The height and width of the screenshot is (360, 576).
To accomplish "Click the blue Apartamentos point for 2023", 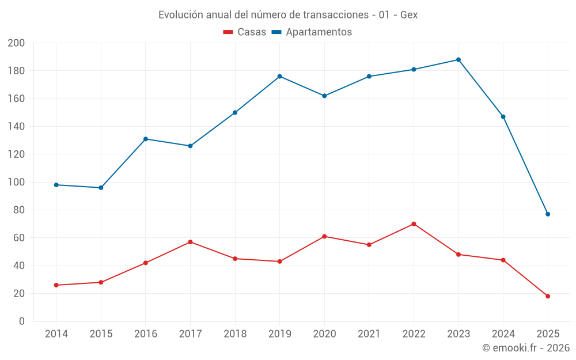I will pyautogui.click(x=458, y=60).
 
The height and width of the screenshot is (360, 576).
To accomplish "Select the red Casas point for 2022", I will pyautogui.click(x=414, y=224).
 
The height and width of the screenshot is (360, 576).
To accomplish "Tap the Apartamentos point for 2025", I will pyautogui.click(x=548, y=214).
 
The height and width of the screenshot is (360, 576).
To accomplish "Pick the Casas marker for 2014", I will pyautogui.click(x=56, y=285).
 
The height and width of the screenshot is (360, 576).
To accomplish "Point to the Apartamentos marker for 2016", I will pyautogui.click(x=146, y=139).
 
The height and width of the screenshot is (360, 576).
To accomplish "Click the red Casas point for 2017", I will pyautogui.click(x=190, y=242).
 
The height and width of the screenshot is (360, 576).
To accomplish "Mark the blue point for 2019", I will pyautogui.click(x=280, y=77).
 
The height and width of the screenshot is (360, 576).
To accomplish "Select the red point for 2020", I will pyautogui.click(x=324, y=236).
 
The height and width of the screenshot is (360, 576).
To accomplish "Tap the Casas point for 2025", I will pyautogui.click(x=548, y=296).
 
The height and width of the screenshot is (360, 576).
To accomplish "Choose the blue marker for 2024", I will pyautogui.click(x=503, y=117).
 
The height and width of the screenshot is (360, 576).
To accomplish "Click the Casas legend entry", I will pyautogui.click(x=245, y=32).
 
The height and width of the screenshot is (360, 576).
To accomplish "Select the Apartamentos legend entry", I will pyautogui.click(x=312, y=32).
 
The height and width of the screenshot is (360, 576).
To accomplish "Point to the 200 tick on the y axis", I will pyautogui.click(x=16, y=43).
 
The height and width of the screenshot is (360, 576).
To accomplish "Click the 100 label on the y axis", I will pyautogui.click(x=16, y=182).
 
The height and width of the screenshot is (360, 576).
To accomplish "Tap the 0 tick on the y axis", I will pyautogui.click(x=21, y=321).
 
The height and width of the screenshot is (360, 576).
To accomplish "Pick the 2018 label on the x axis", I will pyautogui.click(x=235, y=334).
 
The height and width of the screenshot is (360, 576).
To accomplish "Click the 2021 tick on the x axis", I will pyautogui.click(x=369, y=334).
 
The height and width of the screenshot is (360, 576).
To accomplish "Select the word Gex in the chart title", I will pyautogui.click(x=408, y=15).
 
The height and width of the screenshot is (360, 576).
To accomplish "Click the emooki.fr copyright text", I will pyautogui.click(x=526, y=348).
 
